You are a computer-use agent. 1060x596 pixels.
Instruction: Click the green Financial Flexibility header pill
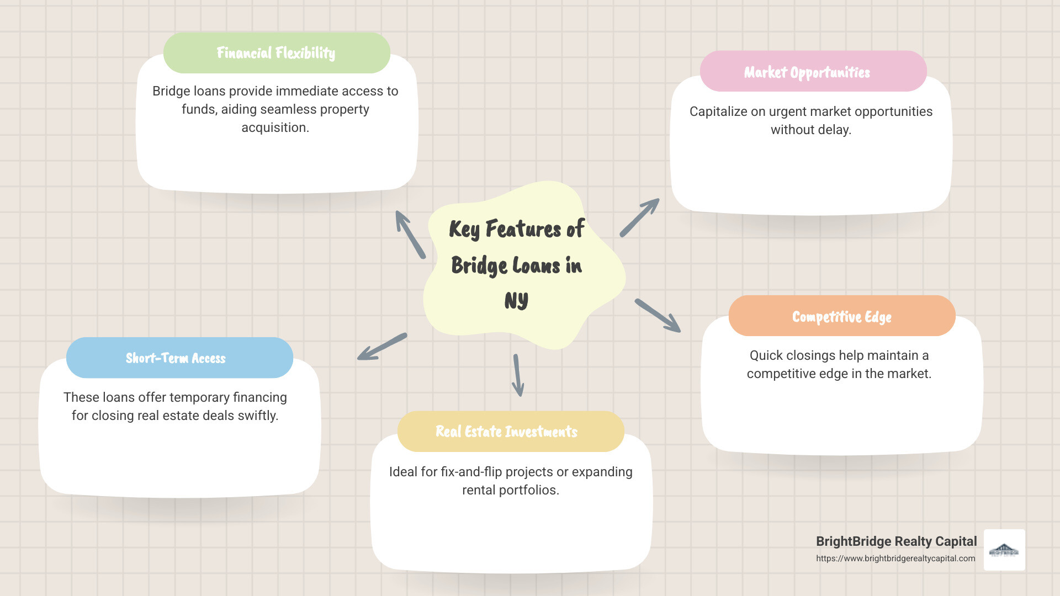click(277, 53)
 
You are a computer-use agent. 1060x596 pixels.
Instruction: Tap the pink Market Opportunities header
click(813, 72)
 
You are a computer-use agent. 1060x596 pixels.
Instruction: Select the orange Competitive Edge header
click(841, 316)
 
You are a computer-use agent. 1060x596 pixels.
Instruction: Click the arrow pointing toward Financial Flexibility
click(410, 235)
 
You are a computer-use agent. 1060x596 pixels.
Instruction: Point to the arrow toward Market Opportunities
click(639, 218)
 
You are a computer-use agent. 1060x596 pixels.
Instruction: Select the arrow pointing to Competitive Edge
click(658, 316)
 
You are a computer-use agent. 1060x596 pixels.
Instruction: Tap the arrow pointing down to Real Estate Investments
click(518, 375)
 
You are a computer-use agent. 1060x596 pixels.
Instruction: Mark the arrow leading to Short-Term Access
click(382, 347)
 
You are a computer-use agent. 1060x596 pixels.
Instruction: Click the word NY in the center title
click(516, 301)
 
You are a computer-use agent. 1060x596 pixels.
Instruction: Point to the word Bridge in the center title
click(479, 265)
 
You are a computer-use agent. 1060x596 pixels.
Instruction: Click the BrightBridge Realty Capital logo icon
click(1004, 550)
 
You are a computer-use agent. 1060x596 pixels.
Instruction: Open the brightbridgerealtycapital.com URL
click(895, 558)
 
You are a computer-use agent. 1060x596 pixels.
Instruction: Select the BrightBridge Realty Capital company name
click(896, 541)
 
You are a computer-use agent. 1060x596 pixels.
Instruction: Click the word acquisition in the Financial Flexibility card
click(275, 127)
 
